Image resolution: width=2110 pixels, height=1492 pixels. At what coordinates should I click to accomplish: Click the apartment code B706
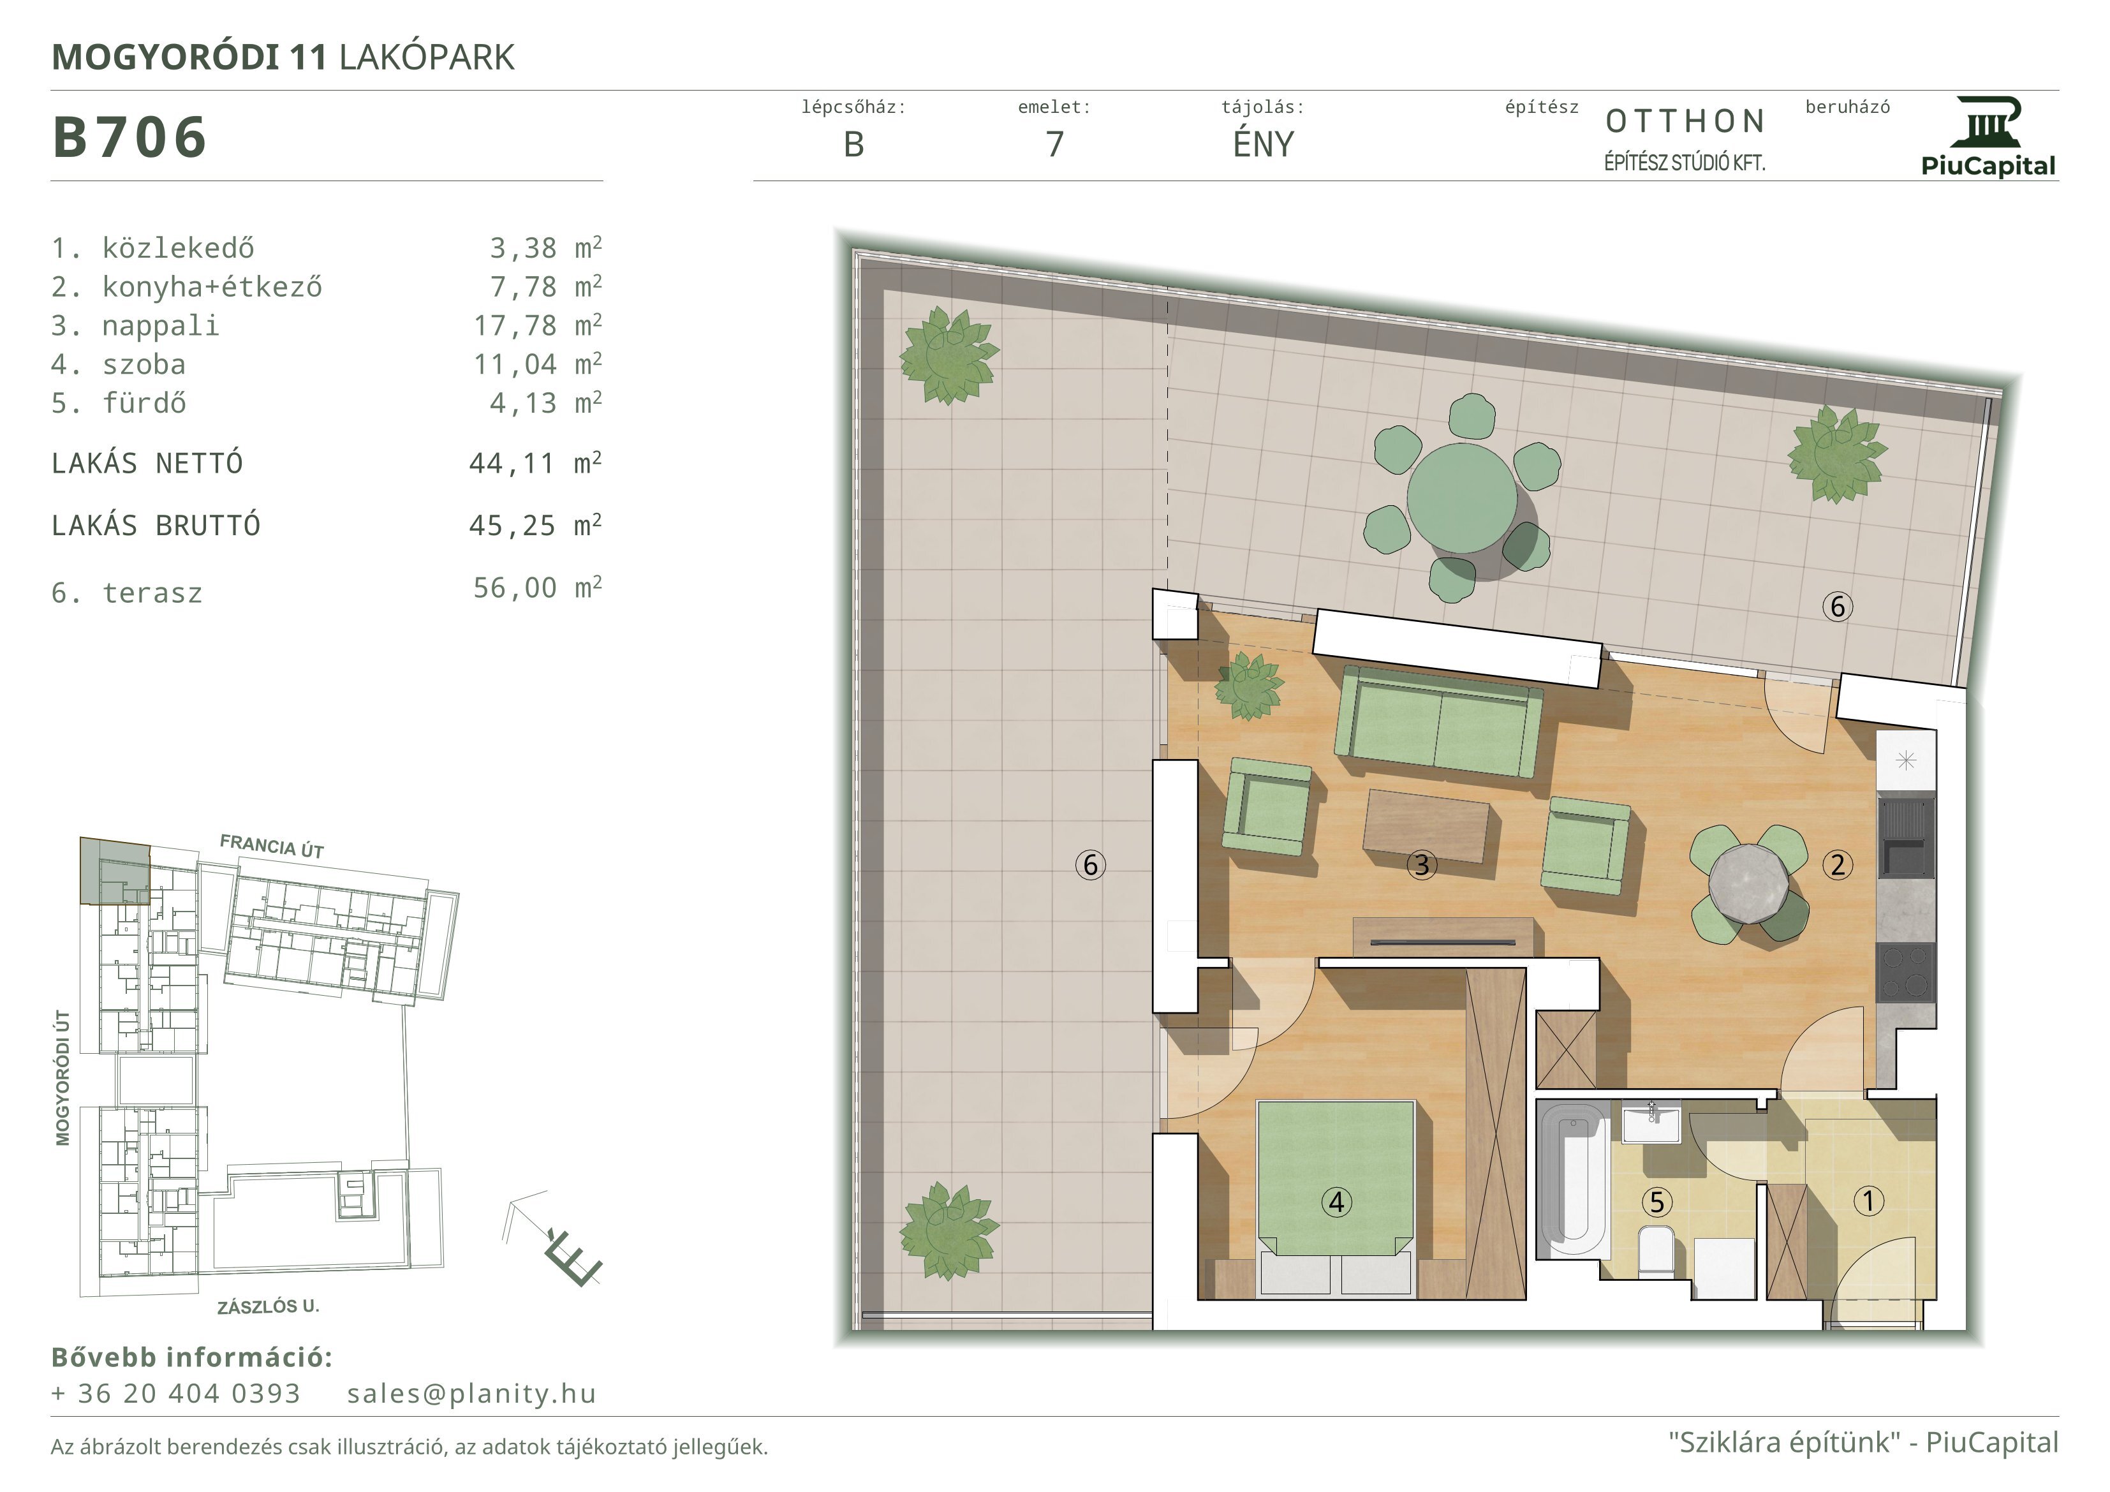pos(129,137)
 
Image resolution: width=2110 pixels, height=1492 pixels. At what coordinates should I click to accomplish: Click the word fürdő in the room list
pos(144,403)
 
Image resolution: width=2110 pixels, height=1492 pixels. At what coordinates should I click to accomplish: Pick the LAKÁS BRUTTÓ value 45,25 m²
pos(536,525)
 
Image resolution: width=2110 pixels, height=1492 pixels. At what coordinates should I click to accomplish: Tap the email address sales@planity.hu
pos(471,1394)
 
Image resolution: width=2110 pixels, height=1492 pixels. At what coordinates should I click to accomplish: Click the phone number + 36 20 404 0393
pos(175,1394)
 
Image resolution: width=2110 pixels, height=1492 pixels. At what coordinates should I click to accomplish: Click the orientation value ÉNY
pos(1264,144)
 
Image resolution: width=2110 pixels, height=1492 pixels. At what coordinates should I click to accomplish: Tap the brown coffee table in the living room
pos(1426,825)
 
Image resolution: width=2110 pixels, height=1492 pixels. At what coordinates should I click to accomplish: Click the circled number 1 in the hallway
pos(1868,1200)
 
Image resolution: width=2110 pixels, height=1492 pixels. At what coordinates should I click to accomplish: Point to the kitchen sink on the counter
pos(1905,836)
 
